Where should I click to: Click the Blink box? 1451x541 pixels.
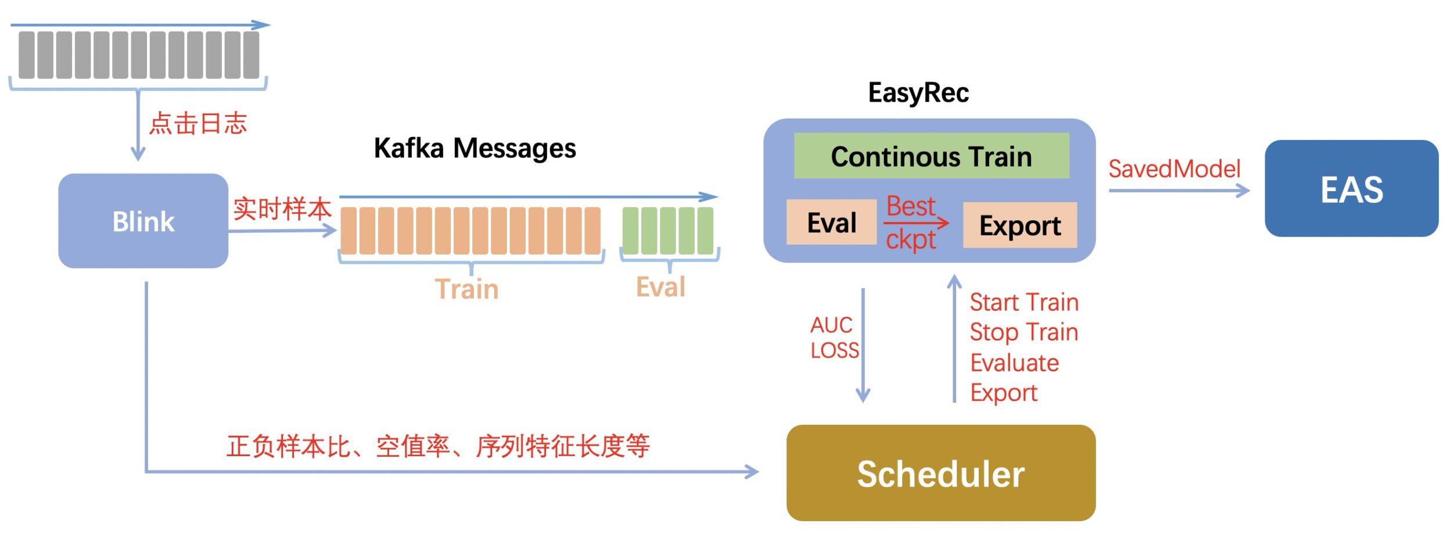tap(143, 221)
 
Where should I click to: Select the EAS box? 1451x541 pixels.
tap(1351, 188)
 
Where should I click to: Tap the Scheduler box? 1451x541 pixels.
tap(940, 473)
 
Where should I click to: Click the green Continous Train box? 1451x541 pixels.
tap(931, 156)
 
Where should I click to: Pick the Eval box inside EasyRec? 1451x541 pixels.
tap(831, 222)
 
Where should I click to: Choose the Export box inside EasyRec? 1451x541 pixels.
tap(1019, 225)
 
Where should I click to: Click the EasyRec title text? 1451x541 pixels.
tap(918, 92)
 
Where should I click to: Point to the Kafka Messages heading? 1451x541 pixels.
tap(475, 148)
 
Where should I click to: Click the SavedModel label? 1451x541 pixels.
tap(1174, 169)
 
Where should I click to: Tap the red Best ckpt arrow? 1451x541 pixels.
tap(915, 223)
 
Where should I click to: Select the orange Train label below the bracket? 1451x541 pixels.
tap(466, 289)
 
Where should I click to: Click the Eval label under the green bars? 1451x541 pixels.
tap(660, 286)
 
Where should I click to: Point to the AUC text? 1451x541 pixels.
tap(831, 325)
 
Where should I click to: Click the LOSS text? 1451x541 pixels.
tap(834, 350)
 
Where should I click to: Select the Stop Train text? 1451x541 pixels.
tap(1023, 332)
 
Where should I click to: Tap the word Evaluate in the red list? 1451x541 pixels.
tap(1014, 363)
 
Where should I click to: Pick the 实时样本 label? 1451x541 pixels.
tap(282, 209)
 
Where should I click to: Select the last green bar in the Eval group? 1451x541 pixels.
tap(705, 231)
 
